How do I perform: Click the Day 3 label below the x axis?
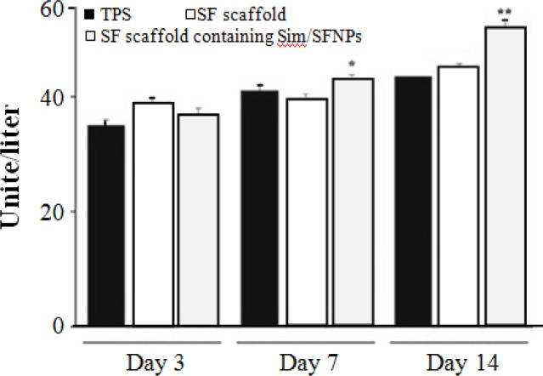point(153,361)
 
